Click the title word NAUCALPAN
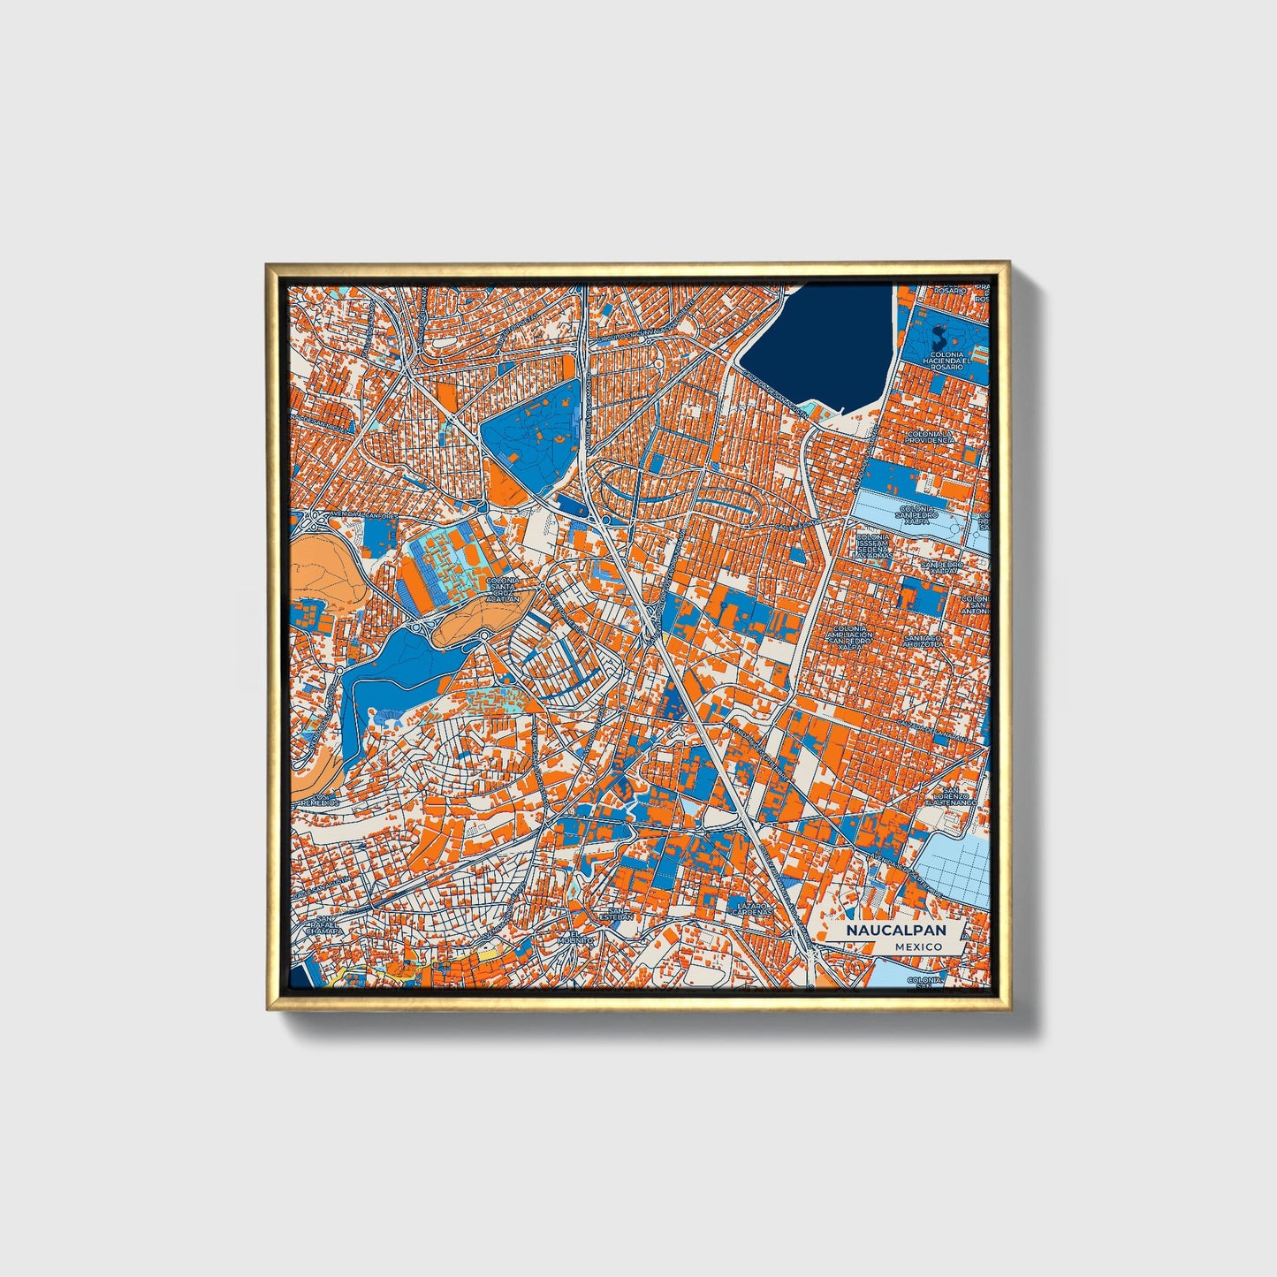(x=894, y=931)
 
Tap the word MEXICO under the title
(x=917, y=946)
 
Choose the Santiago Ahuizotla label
(x=923, y=641)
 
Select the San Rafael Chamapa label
(x=323, y=925)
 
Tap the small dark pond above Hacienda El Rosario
(x=939, y=337)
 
